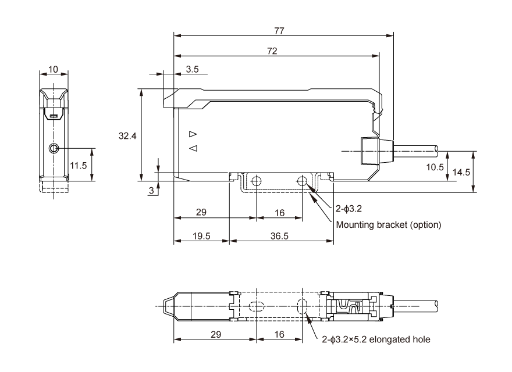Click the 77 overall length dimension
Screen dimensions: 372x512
pos(283,30)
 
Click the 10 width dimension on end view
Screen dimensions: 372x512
pos(53,70)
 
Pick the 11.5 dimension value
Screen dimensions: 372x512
pos(79,166)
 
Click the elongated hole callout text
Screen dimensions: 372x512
pos(376,340)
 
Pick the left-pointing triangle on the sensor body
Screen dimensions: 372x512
pos(193,148)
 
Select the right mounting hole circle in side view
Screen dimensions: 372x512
pos(303,181)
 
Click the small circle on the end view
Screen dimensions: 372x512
pos(54,148)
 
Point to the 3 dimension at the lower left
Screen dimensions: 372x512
pos(151,191)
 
